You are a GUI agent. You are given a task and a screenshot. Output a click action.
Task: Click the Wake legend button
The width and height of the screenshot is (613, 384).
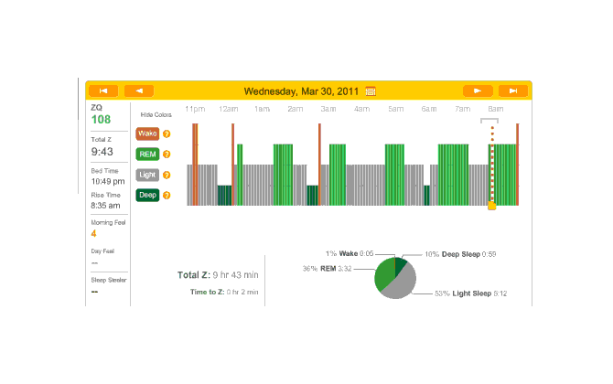[x=147, y=133]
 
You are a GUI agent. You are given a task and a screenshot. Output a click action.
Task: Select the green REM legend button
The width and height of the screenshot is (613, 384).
[x=147, y=154]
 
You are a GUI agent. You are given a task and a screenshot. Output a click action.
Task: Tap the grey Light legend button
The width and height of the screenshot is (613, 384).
[x=147, y=174]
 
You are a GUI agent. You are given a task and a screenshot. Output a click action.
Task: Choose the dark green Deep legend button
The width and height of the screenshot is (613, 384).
[x=147, y=194]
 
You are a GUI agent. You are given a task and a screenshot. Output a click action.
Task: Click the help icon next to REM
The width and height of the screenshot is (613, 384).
[x=167, y=154]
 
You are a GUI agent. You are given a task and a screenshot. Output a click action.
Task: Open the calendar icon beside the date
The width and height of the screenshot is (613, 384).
[x=371, y=91]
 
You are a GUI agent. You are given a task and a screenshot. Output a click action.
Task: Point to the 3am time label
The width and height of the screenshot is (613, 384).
[x=328, y=109]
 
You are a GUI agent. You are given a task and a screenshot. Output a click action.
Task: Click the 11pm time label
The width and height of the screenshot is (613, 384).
[x=194, y=109]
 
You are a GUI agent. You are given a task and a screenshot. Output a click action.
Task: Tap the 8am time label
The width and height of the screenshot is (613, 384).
[x=495, y=109]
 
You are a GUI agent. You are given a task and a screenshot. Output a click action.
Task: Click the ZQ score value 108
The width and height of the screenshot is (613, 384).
[x=101, y=120]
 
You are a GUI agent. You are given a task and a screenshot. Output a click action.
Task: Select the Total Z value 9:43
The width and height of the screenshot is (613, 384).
[x=102, y=152]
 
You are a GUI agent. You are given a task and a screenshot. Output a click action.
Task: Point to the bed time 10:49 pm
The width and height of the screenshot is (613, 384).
[x=106, y=182]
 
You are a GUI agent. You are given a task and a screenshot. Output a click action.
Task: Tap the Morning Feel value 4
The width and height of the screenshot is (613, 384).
[x=93, y=234]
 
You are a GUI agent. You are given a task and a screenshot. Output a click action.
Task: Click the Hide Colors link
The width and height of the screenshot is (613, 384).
[x=156, y=115]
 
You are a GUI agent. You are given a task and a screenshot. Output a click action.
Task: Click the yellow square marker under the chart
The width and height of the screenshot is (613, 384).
[x=491, y=207]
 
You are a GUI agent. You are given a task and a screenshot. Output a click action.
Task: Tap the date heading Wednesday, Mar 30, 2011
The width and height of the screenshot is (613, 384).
[x=302, y=91]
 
